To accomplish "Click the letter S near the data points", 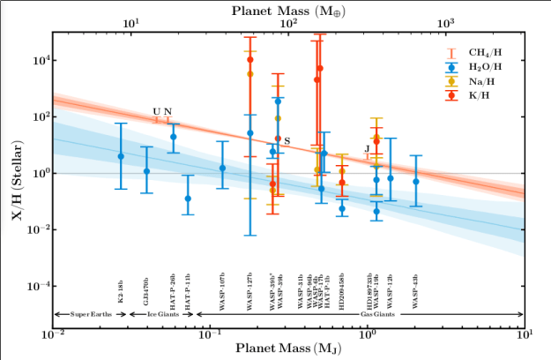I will (287, 141).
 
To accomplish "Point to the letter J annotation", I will (367, 147).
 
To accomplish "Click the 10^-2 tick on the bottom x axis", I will (55, 336).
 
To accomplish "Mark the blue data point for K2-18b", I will (121, 156).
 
